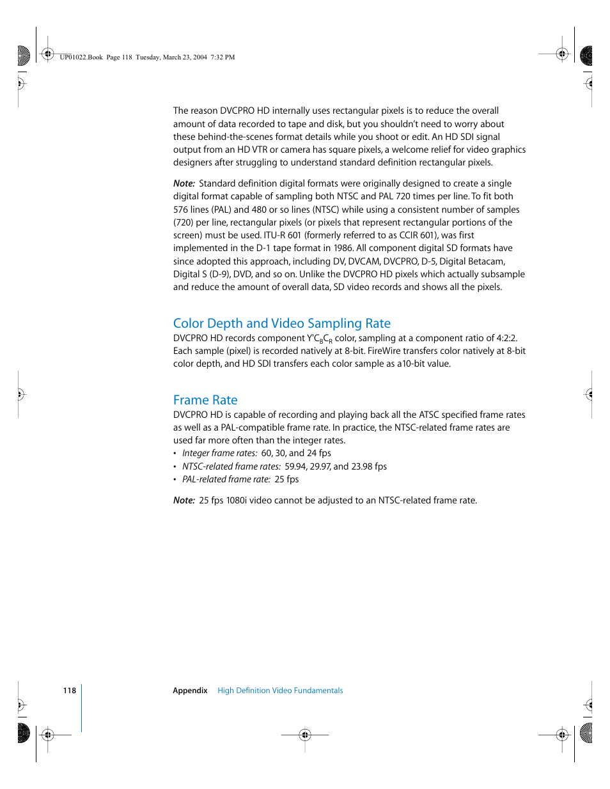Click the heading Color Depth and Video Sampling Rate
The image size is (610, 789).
[x=281, y=323]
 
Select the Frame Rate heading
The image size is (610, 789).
[x=205, y=400]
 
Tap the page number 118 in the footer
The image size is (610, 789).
[x=70, y=691]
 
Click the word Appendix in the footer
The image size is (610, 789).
[x=190, y=691]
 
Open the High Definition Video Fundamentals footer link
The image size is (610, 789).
[x=280, y=691]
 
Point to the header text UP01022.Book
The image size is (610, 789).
[x=81, y=57]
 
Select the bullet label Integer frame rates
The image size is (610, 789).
[x=219, y=454]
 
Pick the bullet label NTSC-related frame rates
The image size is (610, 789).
[x=231, y=466]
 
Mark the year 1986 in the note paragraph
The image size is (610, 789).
[x=343, y=249]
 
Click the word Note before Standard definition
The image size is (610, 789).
[x=184, y=183]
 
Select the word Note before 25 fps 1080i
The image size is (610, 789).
[x=184, y=500]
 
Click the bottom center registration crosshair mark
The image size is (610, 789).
[x=305, y=735]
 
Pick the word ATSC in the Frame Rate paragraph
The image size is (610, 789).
[x=429, y=415]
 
